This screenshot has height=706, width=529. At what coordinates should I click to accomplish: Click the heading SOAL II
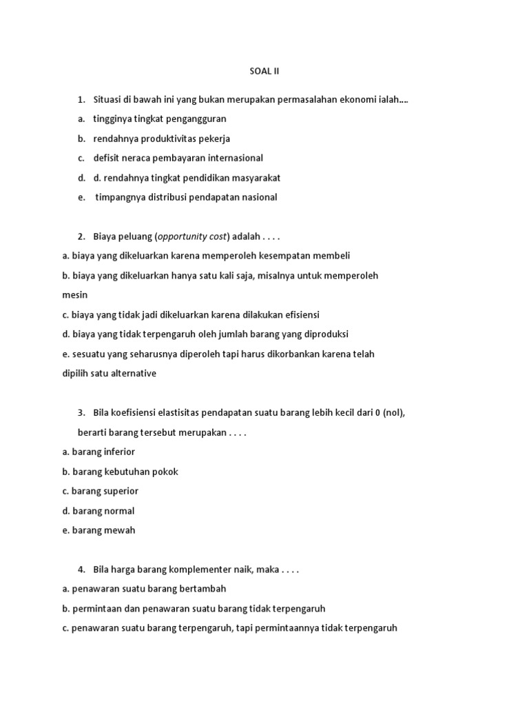click(264, 70)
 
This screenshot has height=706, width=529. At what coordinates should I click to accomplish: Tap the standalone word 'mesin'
click(74, 295)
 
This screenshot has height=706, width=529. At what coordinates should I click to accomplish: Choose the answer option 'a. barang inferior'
click(98, 452)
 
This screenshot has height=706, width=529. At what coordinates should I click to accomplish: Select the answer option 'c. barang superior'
click(100, 491)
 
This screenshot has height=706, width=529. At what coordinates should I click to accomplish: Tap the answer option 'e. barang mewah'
click(98, 530)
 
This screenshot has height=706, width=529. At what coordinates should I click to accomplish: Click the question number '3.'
click(81, 413)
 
